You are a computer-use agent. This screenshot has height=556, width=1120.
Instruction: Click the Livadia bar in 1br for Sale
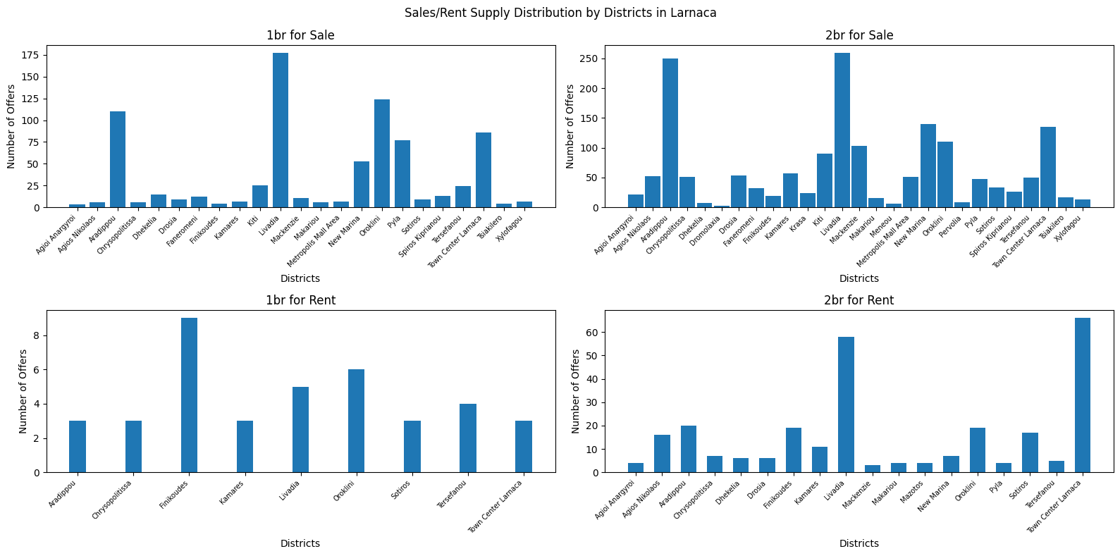[281, 130]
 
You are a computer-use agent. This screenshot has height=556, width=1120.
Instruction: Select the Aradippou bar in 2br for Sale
[670, 133]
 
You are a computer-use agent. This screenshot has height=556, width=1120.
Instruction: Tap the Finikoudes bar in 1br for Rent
[189, 395]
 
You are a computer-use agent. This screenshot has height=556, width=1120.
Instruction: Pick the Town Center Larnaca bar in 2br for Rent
[1083, 395]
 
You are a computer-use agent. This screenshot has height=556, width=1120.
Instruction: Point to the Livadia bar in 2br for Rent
[846, 404]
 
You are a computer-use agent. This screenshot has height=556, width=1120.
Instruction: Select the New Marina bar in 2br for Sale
[928, 166]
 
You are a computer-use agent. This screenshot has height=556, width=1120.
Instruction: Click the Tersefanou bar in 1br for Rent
[468, 438]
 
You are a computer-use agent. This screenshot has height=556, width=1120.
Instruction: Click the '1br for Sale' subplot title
[300, 35]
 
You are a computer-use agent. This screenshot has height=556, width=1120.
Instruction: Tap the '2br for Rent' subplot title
[859, 300]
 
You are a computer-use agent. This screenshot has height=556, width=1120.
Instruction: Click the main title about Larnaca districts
[560, 13]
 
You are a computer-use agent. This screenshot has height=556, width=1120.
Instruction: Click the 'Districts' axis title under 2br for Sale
[859, 278]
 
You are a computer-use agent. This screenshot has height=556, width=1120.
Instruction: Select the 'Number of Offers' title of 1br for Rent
[23, 390]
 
